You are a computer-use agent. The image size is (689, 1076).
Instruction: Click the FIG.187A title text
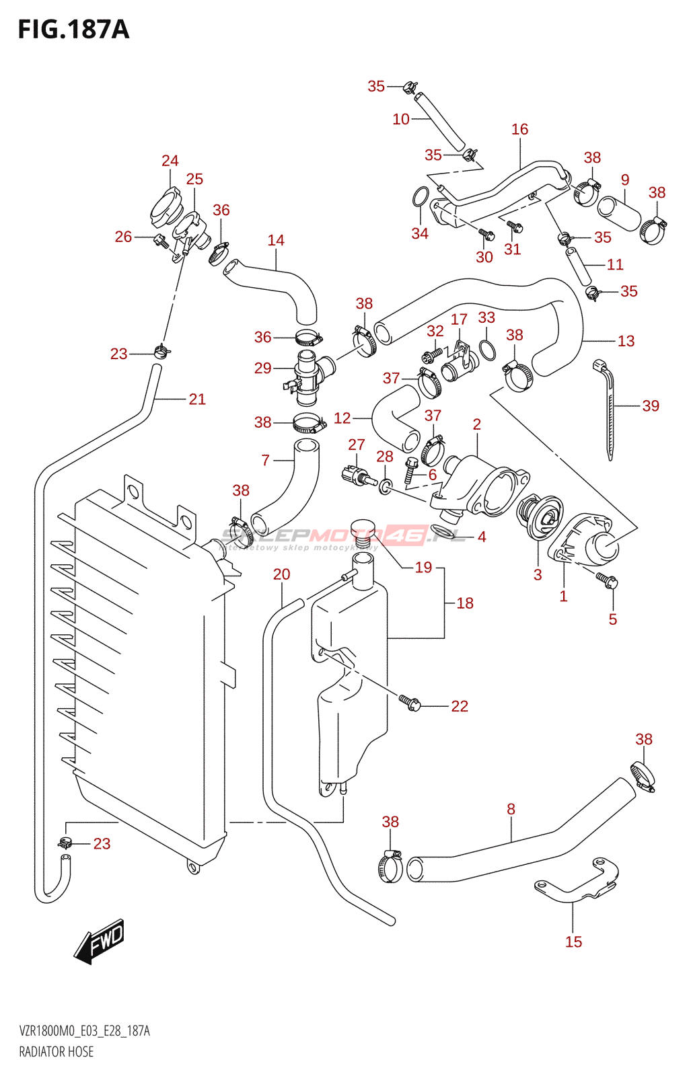tap(73, 30)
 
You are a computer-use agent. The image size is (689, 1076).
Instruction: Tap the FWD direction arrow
tap(100, 941)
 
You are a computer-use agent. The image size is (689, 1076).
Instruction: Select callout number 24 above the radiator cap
tap(170, 161)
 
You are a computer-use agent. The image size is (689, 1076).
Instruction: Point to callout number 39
tap(651, 406)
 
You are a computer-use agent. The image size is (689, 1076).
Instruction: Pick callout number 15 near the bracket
tap(573, 941)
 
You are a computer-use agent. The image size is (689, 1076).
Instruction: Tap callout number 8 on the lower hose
tap(511, 809)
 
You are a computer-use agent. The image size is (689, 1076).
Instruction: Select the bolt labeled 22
tap(410, 703)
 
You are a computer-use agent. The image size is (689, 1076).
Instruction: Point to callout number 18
tap(465, 603)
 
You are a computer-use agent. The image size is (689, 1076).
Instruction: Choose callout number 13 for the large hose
tap(626, 341)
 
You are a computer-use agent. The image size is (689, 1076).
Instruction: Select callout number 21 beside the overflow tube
tap(197, 399)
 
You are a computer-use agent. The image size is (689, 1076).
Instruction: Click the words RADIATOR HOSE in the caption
tap(57, 1052)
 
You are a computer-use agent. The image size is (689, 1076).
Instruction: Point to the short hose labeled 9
tap(620, 212)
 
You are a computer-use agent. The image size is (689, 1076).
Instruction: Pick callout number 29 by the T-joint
tap(263, 368)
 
